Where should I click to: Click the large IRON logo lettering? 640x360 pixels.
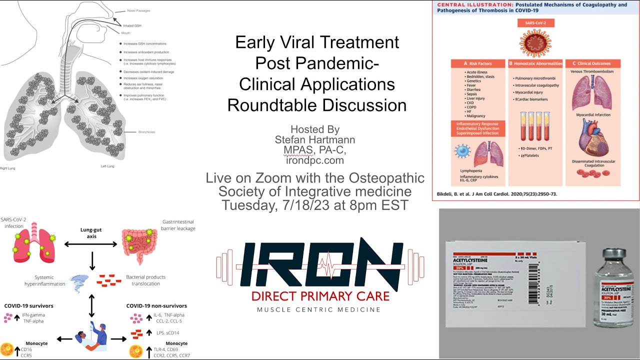(320, 263)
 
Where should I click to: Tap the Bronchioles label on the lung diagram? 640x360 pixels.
(146, 132)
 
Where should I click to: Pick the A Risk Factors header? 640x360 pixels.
(478, 63)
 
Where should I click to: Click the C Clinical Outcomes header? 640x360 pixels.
(593, 63)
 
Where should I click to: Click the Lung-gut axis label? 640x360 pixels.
(91, 233)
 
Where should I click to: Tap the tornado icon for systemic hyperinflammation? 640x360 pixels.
(78, 281)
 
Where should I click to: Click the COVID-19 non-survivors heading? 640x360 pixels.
(156, 305)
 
